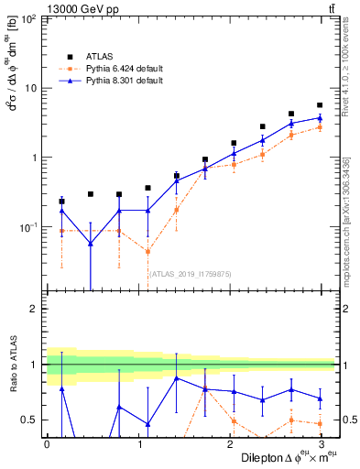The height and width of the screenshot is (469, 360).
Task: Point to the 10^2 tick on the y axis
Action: (30, 18)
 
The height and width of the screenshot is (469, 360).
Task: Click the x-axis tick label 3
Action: (320, 444)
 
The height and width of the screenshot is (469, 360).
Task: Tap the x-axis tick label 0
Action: (47, 444)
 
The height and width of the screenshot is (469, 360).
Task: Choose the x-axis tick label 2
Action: (229, 444)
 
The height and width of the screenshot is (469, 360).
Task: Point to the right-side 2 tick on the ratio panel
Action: (346, 309)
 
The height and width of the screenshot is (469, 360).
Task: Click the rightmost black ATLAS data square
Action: (320, 105)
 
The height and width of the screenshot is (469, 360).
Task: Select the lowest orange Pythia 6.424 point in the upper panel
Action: (147, 252)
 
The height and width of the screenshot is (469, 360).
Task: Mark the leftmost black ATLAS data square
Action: (61, 202)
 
